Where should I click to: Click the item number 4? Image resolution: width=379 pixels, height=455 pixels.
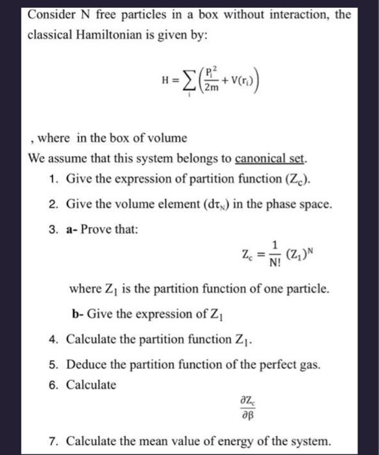53,338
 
